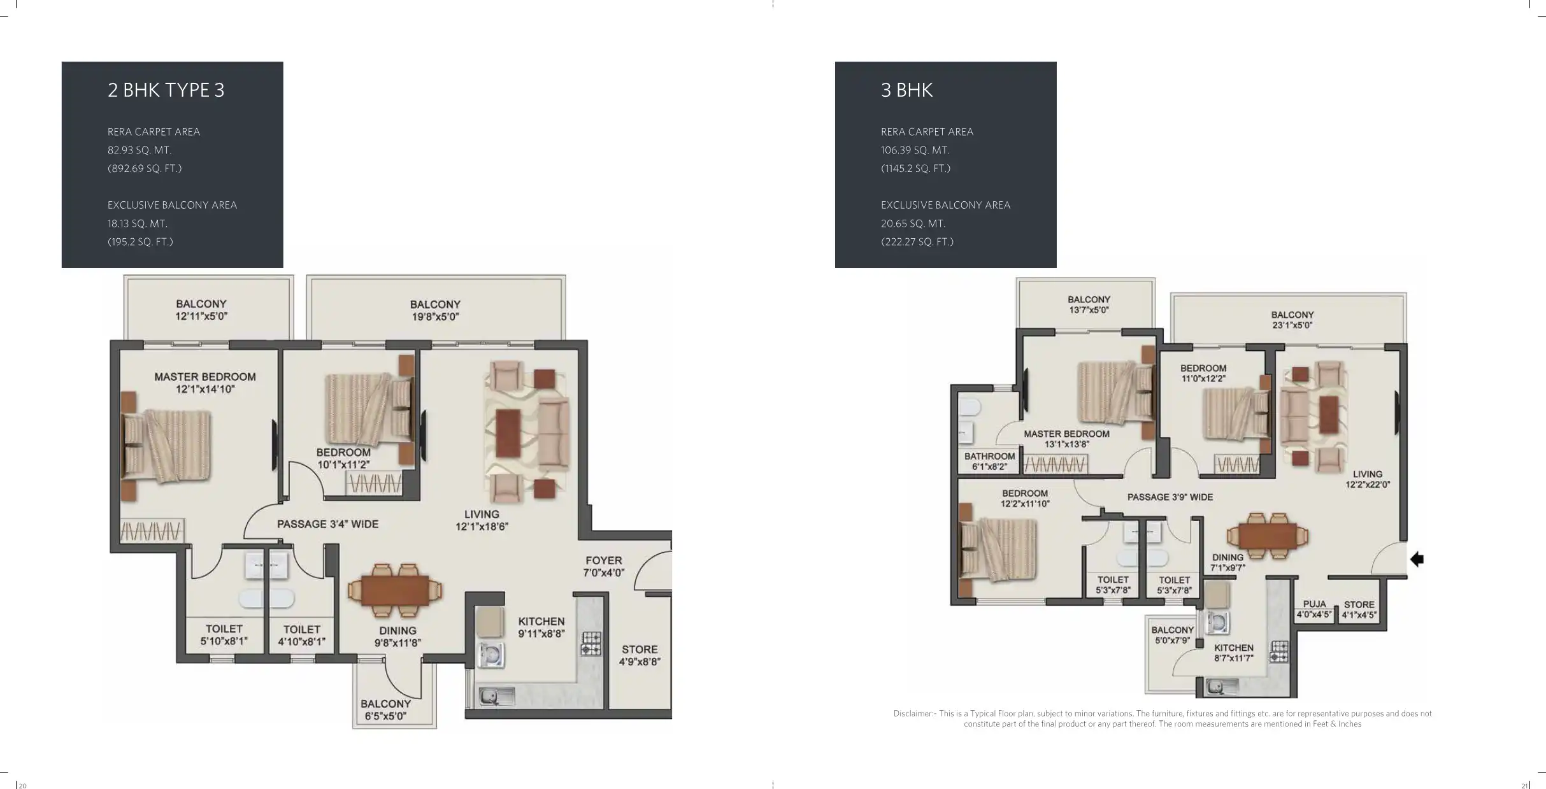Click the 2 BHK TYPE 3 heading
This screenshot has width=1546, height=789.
pos(166,90)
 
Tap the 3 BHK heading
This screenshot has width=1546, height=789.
pos(906,90)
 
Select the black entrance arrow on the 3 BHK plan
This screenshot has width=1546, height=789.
pos(1417,559)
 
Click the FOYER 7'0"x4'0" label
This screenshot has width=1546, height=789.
pos(603,566)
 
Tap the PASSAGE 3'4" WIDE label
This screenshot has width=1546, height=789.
pos(327,524)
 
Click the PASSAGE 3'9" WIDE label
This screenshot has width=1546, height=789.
pos(1170,497)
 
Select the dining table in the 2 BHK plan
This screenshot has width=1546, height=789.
pos(395,590)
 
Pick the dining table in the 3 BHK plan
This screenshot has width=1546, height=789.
pos(1268,537)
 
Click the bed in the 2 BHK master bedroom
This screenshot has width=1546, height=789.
pos(167,446)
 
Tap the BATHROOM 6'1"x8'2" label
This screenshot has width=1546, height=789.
pos(989,461)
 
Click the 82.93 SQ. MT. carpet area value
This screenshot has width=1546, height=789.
pos(140,150)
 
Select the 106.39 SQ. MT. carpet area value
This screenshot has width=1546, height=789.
pos(915,150)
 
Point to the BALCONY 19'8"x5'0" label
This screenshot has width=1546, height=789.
pos(435,310)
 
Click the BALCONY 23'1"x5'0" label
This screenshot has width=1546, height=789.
pos(1292,320)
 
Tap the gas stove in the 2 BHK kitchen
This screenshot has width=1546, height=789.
pos(590,643)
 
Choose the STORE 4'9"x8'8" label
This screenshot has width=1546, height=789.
pos(640,655)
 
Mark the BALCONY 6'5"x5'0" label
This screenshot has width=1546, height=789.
pos(385,709)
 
